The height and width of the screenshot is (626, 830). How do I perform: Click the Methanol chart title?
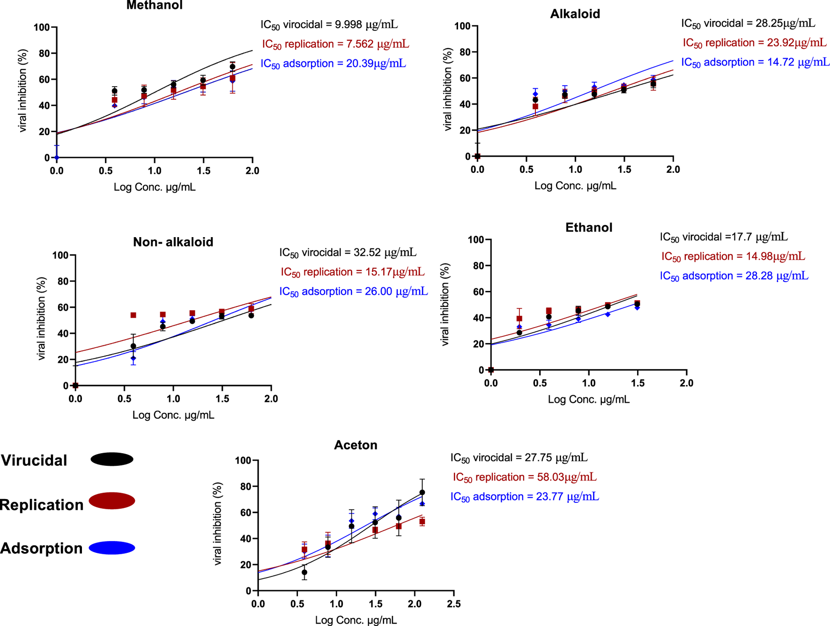click(x=154, y=6)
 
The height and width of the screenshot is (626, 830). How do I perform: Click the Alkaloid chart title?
click(x=575, y=14)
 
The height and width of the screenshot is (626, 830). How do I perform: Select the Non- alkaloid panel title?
click(x=173, y=242)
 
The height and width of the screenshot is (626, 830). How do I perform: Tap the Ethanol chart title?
click(x=588, y=228)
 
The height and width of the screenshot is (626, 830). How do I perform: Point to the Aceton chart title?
click(x=356, y=445)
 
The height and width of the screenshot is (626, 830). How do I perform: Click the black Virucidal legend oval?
click(x=112, y=459)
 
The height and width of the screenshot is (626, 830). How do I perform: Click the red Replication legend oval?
click(x=112, y=501)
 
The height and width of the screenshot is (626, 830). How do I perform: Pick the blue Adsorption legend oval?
click(x=112, y=548)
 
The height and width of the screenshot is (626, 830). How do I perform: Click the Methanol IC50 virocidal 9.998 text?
click(x=329, y=24)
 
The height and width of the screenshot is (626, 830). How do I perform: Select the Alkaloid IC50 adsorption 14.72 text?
click(x=755, y=62)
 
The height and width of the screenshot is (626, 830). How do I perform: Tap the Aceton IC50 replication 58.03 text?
click(x=524, y=477)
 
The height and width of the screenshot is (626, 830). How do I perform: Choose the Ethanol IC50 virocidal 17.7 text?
click(x=723, y=237)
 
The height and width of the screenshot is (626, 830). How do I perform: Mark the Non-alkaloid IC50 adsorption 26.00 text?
click(x=353, y=291)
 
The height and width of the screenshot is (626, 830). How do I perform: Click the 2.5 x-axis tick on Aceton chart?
click(x=453, y=604)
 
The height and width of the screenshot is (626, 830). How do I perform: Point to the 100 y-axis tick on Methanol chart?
click(x=42, y=28)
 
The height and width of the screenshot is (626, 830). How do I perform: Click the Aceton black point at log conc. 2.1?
click(x=422, y=492)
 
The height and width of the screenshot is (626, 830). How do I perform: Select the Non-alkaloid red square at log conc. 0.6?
click(x=133, y=315)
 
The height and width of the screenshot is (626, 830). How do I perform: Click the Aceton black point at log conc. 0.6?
click(x=304, y=573)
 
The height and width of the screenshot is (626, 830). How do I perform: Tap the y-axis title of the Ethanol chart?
click(x=445, y=305)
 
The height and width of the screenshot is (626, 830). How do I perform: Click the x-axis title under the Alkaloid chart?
click(x=575, y=186)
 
